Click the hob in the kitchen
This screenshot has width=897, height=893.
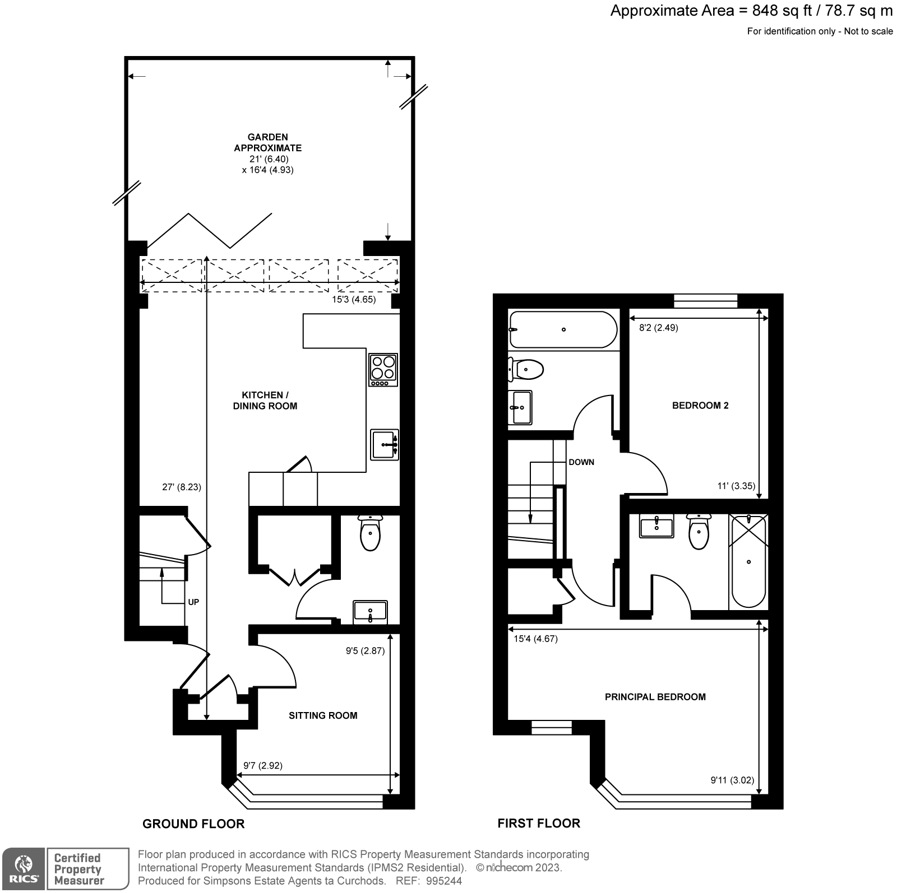click(x=383, y=370)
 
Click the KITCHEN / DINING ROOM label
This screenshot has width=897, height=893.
click(x=265, y=401)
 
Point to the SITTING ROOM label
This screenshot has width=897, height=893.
click(x=323, y=715)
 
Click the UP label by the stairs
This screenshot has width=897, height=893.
click(x=193, y=602)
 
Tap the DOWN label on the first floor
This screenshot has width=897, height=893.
click(x=581, y=462)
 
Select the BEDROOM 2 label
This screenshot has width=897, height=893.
click(x=700, y=406)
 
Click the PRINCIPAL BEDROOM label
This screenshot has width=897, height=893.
click(x=655, y=697)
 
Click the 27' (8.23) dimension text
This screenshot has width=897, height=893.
click(x=181, y=487)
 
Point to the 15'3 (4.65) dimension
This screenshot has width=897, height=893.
click(x=354, y=300)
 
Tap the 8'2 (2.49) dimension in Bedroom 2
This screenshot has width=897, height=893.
click(x=659, y=328)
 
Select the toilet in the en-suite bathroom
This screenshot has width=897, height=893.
click(x=699, y=532)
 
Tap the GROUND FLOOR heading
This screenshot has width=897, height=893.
click(x=193, y=824)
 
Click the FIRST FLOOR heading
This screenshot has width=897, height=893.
click(x=539, y=823)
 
